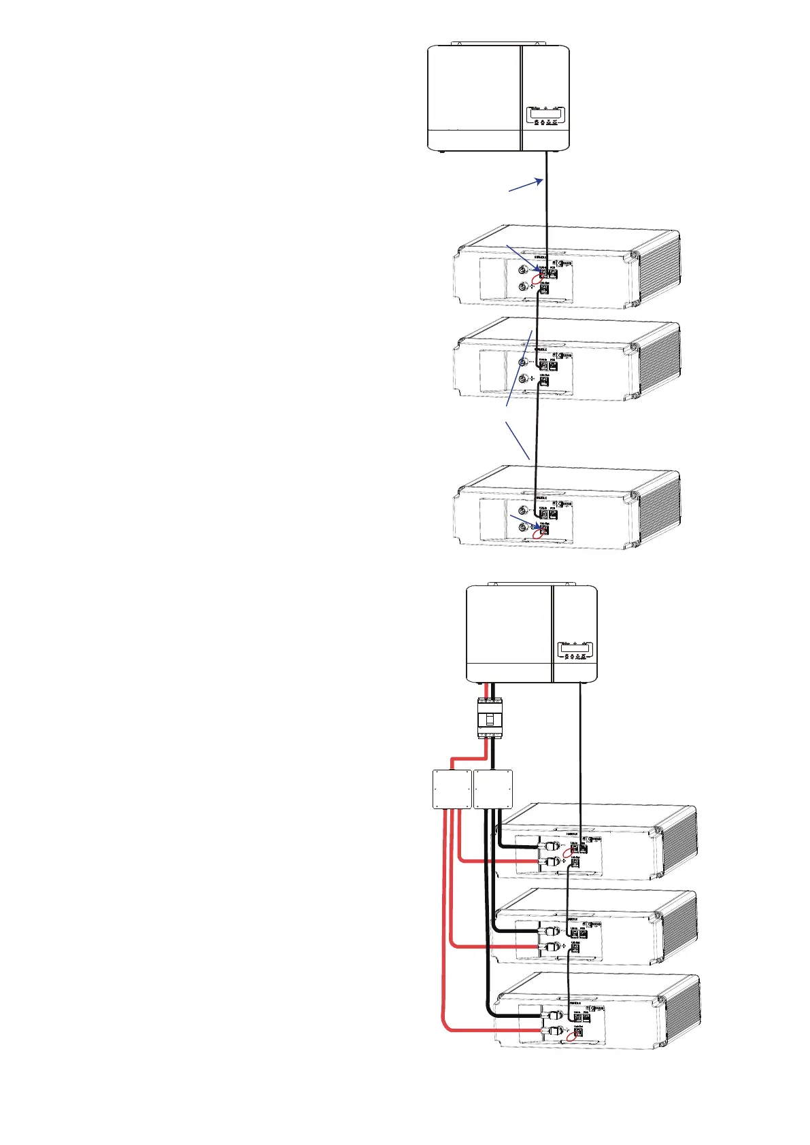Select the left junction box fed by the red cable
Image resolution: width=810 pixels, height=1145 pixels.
[452, 789]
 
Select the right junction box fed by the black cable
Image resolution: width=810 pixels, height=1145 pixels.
[492, 789]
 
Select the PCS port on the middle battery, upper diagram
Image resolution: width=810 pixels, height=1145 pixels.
[554, 366]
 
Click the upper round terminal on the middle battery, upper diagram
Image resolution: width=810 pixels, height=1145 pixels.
[522, 363]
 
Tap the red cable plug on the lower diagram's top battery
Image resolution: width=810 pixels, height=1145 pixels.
[550, 861]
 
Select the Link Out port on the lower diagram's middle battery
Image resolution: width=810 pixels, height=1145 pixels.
[575, 946]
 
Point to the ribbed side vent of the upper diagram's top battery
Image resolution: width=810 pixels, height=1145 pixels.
[659, 269]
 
